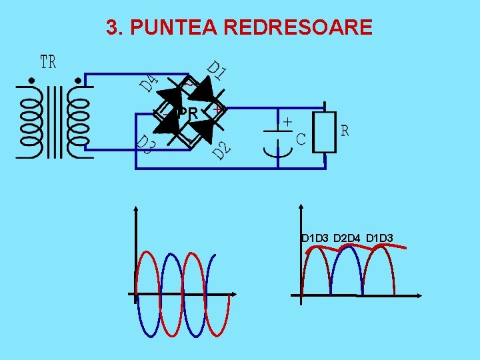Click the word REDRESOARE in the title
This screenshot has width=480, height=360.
pyautogui.click(x=298, y=27)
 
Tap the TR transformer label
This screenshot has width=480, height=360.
pyautogui.click(x=48, y=63)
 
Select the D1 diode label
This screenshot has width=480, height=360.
pyautogui.click(x=216, y=71)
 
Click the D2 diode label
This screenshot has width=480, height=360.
pyautogui.click(x=222, y=151)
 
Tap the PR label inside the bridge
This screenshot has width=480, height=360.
pyautogui.click(x=187, y=115)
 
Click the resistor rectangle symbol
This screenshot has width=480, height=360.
pyautogui.click(x=324, y=132)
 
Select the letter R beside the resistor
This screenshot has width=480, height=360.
pyautogui.click(x=345, y=131)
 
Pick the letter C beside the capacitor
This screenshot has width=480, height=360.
pyautogui.click(x=301, y=139)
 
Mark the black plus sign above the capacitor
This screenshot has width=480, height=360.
pyautogui.click(x=287, y=123)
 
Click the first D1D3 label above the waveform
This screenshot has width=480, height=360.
pyautogui.click(x=315, y=238)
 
